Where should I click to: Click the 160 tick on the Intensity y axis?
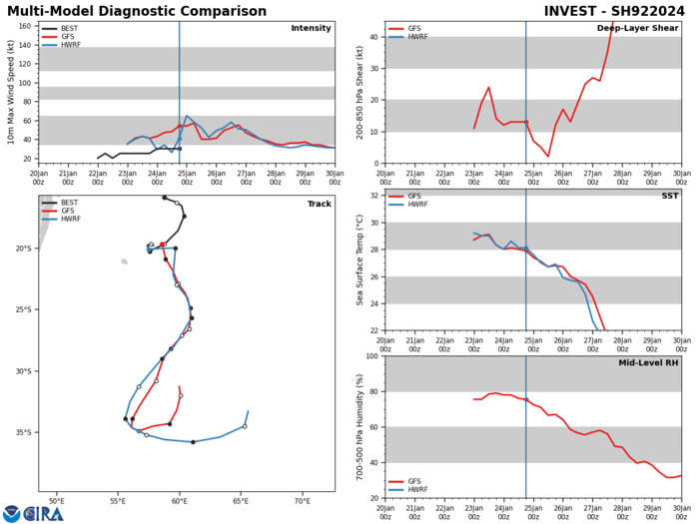point(23,26)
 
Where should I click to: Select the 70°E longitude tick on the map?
point(301,501)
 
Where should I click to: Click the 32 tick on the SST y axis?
point(374,224)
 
